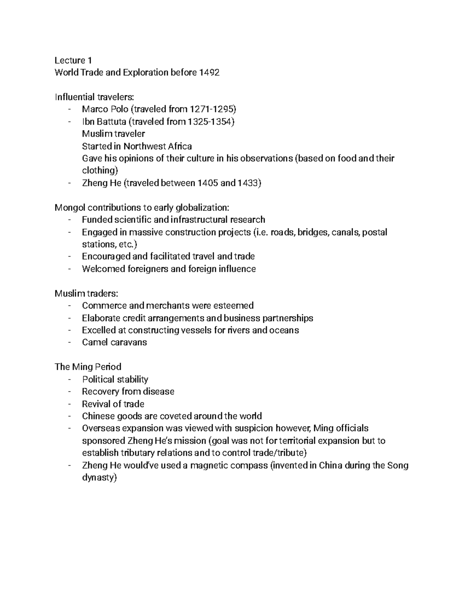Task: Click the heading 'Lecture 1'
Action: [x=73, y=60]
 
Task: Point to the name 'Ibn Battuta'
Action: [x=104, y=122]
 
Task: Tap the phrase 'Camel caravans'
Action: [x=114, y=342]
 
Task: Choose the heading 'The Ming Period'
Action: [x=88, y=367]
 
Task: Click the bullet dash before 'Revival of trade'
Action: [x=69, y=404]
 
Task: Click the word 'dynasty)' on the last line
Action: [x=99, y=478]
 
